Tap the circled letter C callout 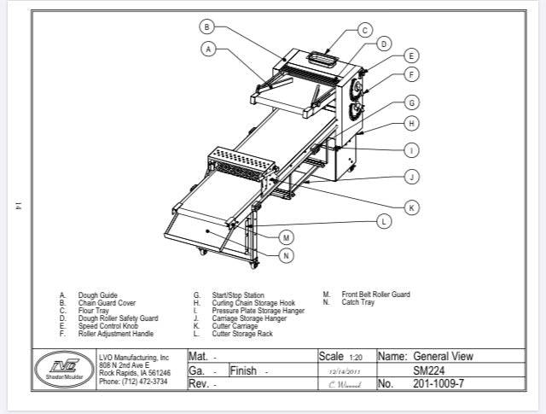[364, 30]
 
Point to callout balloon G [411, 102]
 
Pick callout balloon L [384, 221]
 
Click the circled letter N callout [287, 254]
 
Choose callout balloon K [411, 207]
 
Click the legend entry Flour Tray [90, 311]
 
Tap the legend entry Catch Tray [358, 302]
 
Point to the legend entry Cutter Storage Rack [241, 335]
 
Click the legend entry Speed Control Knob [109, 326]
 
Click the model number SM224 [429, 370]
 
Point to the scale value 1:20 [356, 356]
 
